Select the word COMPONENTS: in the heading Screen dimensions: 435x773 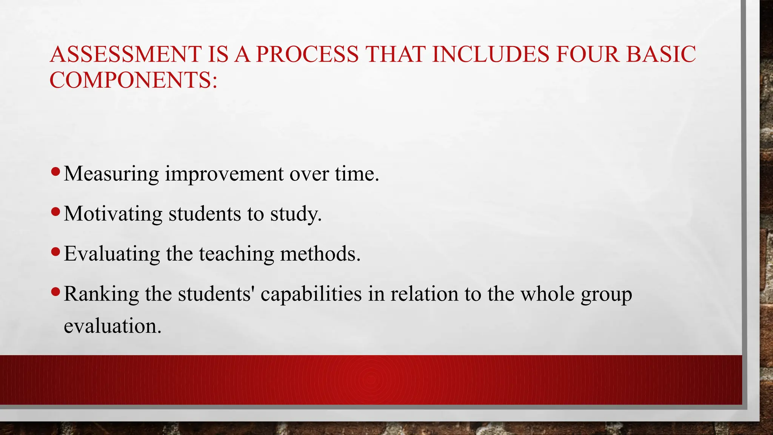[134, 80]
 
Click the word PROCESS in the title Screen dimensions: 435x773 [307, 54]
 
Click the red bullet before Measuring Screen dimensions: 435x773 [55, 172]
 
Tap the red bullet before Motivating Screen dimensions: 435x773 [55, 212]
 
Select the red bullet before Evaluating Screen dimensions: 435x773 [55, 252]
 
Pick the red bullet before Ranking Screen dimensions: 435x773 [55, 292]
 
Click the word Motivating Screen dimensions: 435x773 [113, 214]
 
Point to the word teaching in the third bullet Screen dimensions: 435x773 [236, 254]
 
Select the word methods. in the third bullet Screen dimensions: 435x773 [320, 254]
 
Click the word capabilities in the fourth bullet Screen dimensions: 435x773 [311, 294]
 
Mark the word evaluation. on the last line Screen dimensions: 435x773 [112, 326]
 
